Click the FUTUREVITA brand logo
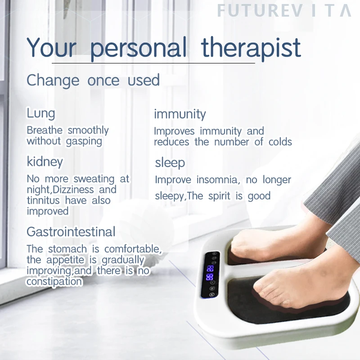coord(284,11)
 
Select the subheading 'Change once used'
coord(93,81)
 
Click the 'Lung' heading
coord(40,113)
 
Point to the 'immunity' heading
coord(180,114)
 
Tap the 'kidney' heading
coord(45,161)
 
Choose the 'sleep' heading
coord(170,162)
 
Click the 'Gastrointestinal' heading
coord(71,232)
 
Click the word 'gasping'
coord(84,141)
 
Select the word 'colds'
coord(280,142)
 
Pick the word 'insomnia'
coord(215,180)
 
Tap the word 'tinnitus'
coord(44,200)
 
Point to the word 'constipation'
coord(54,282)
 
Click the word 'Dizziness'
coord(74,189)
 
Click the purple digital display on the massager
coord(210,273)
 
